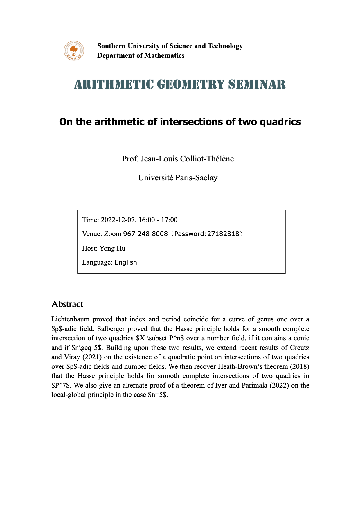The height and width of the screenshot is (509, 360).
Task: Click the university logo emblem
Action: pos(74,51)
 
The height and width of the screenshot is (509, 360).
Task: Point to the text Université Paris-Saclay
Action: pos(178,177)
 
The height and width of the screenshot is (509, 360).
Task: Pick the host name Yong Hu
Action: pos(112,248)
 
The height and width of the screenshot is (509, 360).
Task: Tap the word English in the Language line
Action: pos(125,262)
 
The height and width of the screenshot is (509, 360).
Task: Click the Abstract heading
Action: pos(67,304)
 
